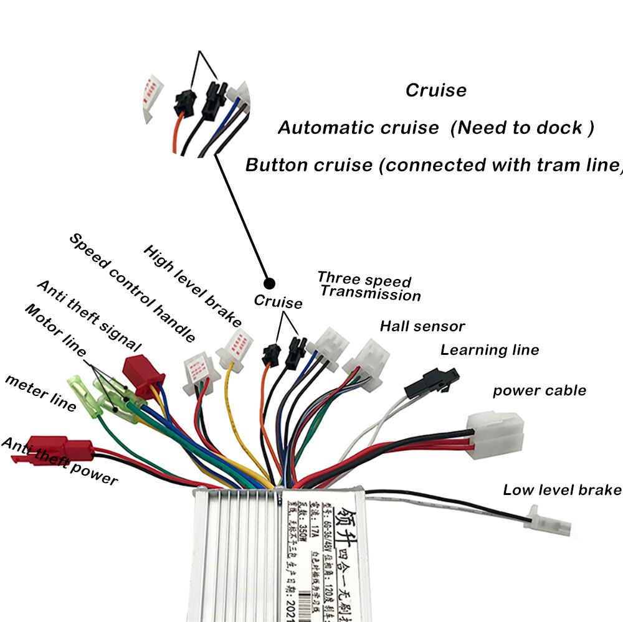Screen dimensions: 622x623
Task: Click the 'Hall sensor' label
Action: point(422,326)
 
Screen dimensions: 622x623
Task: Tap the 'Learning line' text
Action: point(489,350)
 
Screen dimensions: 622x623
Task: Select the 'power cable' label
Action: point(540,391)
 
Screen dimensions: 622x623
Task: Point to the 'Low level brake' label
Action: point(562,489)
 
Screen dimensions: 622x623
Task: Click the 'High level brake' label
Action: point(193,286)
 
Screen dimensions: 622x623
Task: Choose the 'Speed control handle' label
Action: point(132,288)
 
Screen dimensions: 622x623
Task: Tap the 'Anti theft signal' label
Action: point(89,316)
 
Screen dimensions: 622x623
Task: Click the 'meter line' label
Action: point(40,393)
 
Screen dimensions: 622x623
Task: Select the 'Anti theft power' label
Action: point(59,461)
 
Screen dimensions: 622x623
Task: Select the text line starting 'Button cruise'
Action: point(434,165)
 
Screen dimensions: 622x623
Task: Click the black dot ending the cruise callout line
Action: point(269,281)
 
